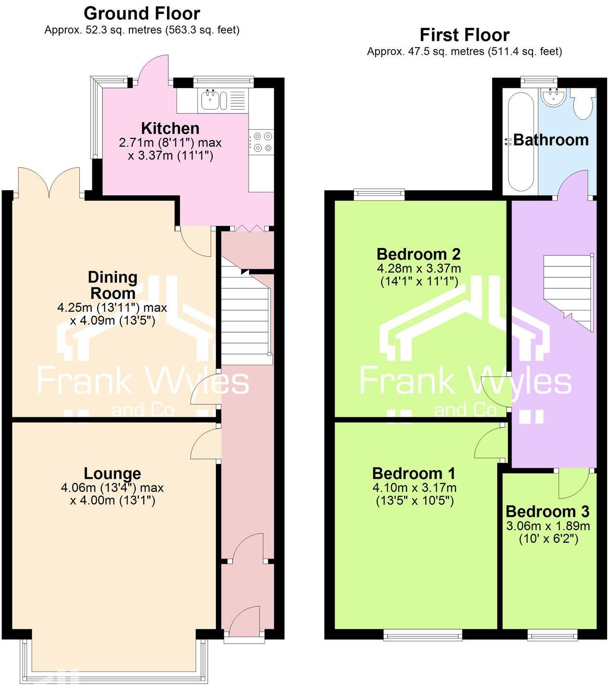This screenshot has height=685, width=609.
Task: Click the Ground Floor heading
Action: pos(142,13)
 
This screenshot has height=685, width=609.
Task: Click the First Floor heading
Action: pos(464,35)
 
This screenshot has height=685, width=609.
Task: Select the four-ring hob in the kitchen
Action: pos(261,142)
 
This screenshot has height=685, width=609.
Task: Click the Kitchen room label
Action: pos(170,128)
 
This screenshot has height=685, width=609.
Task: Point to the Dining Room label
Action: pos(113,285)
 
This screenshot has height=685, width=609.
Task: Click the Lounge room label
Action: pos(112,473)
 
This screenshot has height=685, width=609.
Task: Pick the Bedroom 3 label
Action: pos(547,511)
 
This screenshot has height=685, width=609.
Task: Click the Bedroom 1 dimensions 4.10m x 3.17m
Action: pos(415,488)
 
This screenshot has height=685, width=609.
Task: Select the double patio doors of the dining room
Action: pos(49,183)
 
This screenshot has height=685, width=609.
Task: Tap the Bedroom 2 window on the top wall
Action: pos(379,194)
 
